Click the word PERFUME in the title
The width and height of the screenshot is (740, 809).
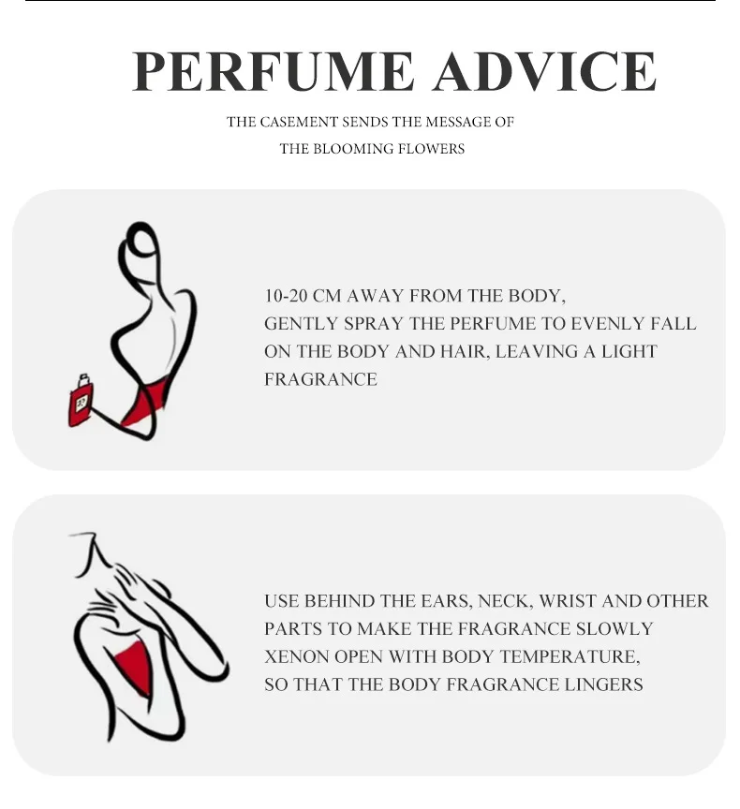[x=273, y=71]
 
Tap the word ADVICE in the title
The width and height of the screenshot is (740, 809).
[x=545, y=71]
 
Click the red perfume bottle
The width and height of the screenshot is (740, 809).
[x=81, y=402]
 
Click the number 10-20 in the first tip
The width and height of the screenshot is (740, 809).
[x=286, y=296]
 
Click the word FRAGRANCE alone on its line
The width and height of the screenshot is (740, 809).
[x=320, y=379]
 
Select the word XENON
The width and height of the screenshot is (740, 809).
[x=296, y=656]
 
